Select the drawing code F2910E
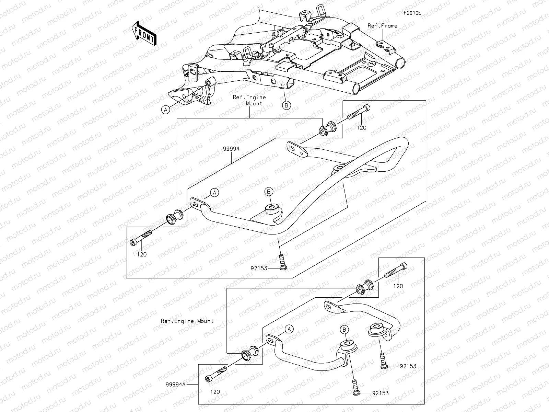coord(412,13)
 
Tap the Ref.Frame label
coord(383,26)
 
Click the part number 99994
coord(231,149)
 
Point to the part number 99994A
coord(176,385)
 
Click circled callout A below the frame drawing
coord(165,110)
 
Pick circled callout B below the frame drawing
coord(287,105)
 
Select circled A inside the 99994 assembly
coord(214,193)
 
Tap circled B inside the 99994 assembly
coord(269,192)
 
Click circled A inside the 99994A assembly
coord(289,329)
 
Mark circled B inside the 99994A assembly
coord(344,330)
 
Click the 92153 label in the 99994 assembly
coord(259,268)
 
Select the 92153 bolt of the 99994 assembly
coord(282,262)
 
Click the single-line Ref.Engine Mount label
coord(187,321)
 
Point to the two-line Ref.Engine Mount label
coord(249,100)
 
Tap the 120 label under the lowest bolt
coord(215,392)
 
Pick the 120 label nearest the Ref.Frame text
coord(361,128)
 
